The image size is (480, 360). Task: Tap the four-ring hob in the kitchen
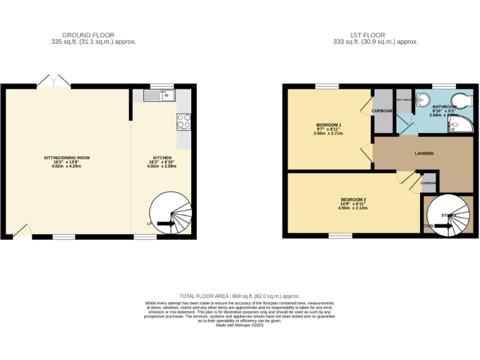point(184,121)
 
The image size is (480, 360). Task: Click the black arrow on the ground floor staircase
point(166,223)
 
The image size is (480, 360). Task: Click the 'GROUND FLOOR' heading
point(88,35)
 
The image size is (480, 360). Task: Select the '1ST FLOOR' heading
point(367,35)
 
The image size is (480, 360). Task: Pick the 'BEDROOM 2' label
point(353,199)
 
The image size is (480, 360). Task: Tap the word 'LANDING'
point(424,153)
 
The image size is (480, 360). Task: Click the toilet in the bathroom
point(463,101)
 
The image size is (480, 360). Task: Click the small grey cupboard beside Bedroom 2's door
point(429,182)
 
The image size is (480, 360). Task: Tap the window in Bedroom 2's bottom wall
point(340,236)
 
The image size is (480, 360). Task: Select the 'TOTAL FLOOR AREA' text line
point(239,296)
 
